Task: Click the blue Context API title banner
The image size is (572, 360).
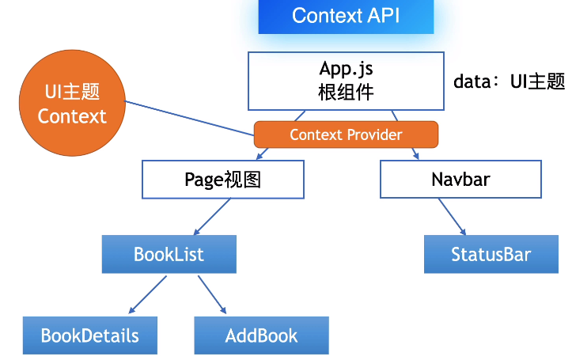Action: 346,16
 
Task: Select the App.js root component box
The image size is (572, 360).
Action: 346,81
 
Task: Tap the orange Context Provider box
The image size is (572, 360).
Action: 346,135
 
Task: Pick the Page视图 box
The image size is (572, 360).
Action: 222,180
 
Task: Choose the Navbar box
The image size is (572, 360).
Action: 460,180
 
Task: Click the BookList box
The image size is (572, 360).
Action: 169,254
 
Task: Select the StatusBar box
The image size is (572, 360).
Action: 491,254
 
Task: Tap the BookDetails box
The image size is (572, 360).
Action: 89,335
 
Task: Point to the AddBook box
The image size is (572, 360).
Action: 261,335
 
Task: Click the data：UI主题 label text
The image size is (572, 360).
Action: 509,81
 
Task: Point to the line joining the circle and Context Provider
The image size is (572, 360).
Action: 190,118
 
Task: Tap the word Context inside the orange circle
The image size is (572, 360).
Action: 72,116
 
